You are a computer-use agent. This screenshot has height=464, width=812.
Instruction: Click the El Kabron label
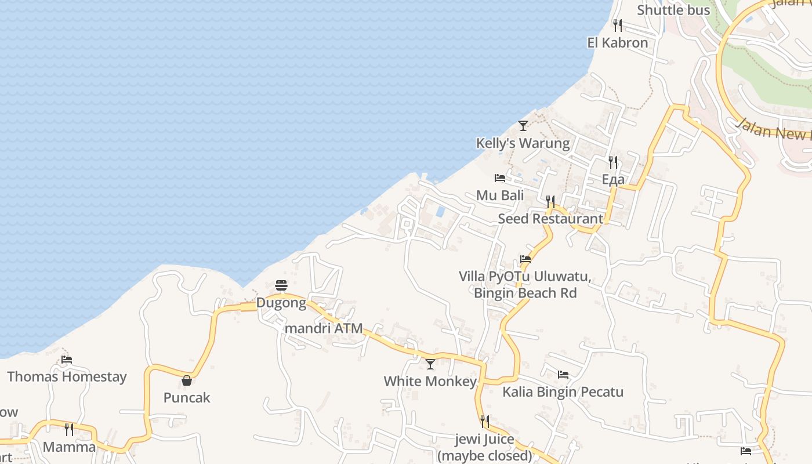click(617, 43)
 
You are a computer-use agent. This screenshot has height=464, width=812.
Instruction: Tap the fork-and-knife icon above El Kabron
click(617, 26)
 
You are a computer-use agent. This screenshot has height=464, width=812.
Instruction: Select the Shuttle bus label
click(673, 10)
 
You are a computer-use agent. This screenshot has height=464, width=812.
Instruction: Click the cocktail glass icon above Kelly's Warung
click(523, 125)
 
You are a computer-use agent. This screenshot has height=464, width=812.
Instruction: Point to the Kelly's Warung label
click(523, 143)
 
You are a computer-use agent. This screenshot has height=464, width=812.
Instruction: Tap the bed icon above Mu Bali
click(499, 177)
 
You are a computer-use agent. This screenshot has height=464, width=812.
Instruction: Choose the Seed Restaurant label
click(550, 219)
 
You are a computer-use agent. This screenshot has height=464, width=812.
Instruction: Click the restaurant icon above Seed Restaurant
click(550, 201)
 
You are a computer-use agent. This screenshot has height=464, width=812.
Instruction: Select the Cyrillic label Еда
click(613, 179)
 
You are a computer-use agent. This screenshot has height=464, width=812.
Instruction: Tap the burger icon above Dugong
click(281, 285)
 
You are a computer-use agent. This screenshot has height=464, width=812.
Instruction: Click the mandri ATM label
click(324, 328)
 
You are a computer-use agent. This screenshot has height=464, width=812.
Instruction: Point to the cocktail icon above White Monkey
click(430, 364)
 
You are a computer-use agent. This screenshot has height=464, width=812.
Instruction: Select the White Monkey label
click(430, 382)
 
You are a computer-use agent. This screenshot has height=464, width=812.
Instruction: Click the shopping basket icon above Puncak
click(187, 380)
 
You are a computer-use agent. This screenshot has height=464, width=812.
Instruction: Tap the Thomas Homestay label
click(67, 377)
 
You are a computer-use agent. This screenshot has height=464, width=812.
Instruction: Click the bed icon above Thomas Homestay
click(67, 360)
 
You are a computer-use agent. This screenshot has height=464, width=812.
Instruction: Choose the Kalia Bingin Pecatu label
click(563, 392)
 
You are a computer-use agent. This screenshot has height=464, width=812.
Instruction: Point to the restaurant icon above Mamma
click(69, 429)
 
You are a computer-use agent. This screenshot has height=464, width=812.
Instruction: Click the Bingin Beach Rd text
click(525, 293)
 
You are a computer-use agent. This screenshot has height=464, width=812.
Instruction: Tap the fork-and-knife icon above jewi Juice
click(484, 421)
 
